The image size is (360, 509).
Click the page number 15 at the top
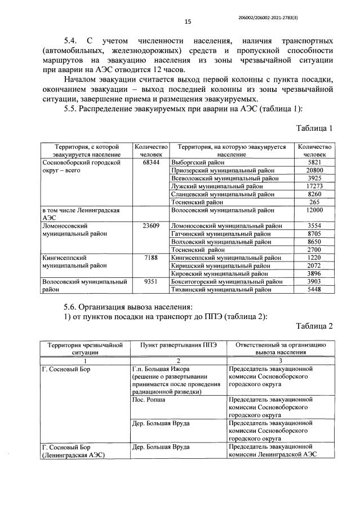(x=187, y=22)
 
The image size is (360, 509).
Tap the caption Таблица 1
(x=314, y=128)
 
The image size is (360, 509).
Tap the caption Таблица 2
(x=314, y=326)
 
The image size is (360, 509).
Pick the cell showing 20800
(x=314, y=170)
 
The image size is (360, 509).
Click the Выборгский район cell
(x=193, y=162)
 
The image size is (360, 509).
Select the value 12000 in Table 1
(x=314, y=210)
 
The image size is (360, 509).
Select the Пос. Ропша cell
(x=144, y=398)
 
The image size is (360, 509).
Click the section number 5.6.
(x=72, y=307)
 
